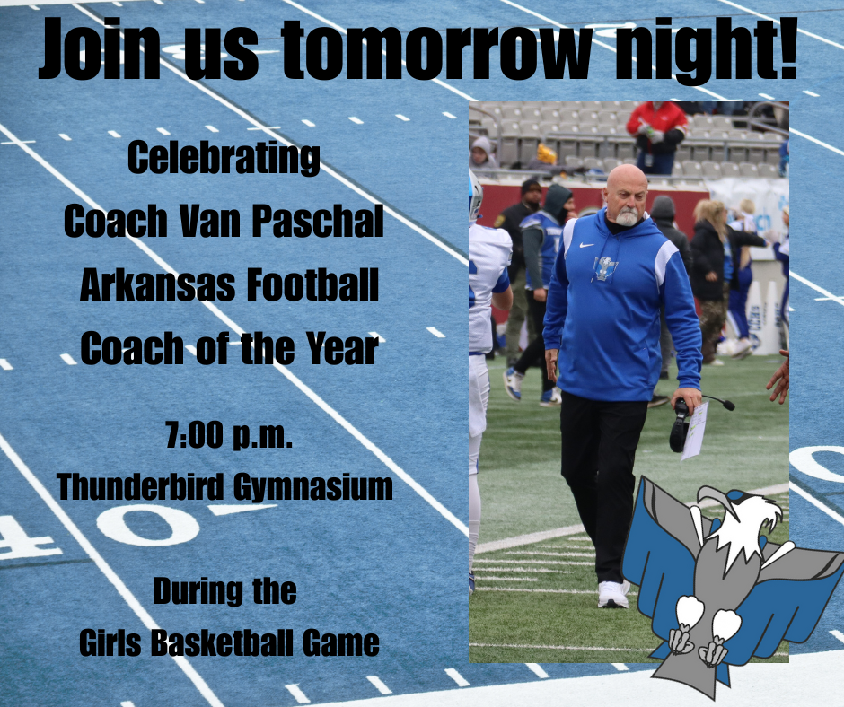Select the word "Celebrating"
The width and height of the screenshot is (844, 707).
(x=224, y=160)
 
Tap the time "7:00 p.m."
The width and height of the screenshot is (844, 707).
(x=230, y=439)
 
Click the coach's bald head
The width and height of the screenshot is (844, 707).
(x=627, y=183)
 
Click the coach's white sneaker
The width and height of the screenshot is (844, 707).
(x=614, y=593)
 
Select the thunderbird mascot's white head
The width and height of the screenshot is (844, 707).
(x=738, y=521)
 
